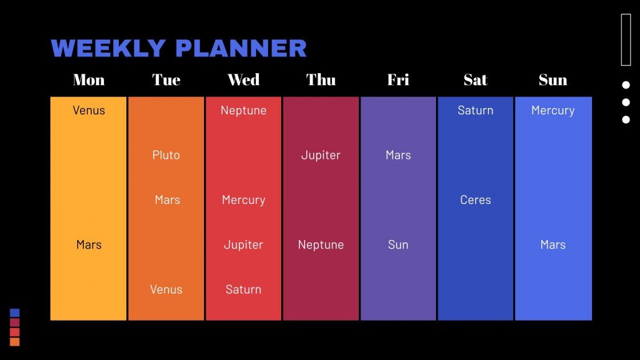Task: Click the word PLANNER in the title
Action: point(241,49)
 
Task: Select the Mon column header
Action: point(89,80)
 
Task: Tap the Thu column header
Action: point(321,80)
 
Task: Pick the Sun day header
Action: point(553,80)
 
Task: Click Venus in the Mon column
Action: point(89,110)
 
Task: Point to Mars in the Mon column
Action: point(89,245)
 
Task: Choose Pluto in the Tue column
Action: point(166,155)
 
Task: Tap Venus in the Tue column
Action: point(166,289)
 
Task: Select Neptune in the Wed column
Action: point(243,110)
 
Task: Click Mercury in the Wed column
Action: point(243,200)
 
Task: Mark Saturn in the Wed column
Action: point(243,289)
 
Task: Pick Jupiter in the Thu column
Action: point(321,155)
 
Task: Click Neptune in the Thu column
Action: point(321,245)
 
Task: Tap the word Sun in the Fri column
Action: point(398,245)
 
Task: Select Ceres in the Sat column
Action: point(475,200)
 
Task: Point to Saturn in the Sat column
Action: point(475,110)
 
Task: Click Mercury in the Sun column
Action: point(553,110)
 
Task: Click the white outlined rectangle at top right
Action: point(626,39)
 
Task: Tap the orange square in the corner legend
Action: point(15,342)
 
